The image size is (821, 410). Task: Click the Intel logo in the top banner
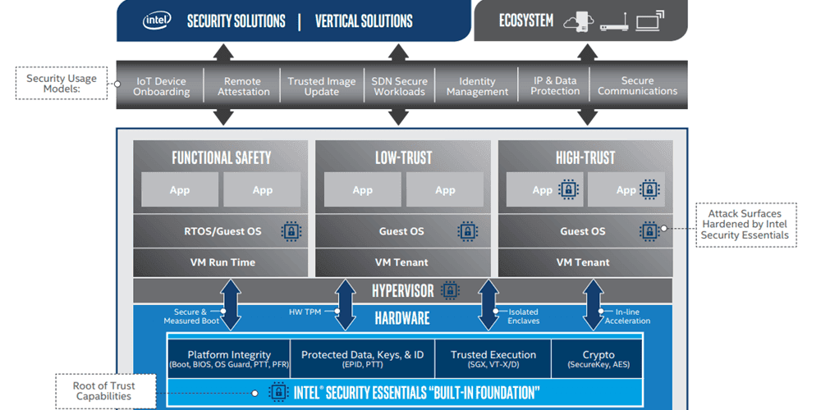(157, 20)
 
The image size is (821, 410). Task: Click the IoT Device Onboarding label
(161, 86)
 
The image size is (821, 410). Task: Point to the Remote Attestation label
(244, 86)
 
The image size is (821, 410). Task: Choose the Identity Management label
(477, 86)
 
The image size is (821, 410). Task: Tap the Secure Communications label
(638, 86)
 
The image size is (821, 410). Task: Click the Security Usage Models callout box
(61, 84)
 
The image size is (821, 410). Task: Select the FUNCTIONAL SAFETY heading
(221, 157)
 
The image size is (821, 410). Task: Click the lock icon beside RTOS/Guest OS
(291, 231)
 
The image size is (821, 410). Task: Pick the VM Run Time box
(222, 262)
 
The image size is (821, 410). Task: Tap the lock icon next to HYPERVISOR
(449, 290)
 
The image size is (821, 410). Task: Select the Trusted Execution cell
(493, 358)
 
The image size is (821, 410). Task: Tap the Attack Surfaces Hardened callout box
(744, 225)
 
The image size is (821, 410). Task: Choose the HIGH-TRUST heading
(585, 157)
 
